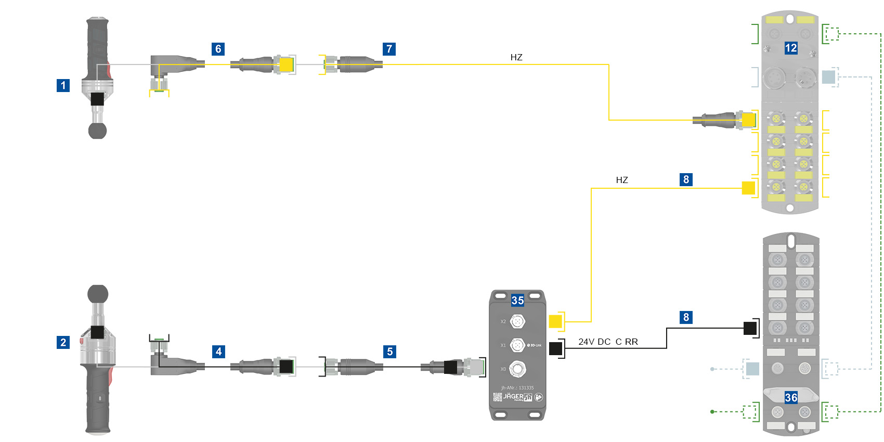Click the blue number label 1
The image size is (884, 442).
[x=63, y=85]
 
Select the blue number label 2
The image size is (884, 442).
[x=63, y=342]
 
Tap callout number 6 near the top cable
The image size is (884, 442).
[x=218, y=49]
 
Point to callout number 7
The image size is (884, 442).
[x=389, y=49]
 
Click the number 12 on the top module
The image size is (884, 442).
[x=790, y=48]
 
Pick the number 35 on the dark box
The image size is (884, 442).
[x=517, y=300]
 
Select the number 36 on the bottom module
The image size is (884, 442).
[x=791, y=398]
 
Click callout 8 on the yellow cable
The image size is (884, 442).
[x=686, y=179]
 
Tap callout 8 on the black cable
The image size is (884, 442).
[x=686, y=317]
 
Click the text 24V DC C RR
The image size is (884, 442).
[x=608, y=342]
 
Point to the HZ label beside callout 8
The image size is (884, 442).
[x=622, y=180]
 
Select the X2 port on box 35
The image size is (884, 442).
[x=517, y=322]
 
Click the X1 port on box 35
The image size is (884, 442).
[x=517, y=345]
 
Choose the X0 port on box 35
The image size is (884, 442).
[x=517, y=369]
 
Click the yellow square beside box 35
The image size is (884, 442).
[x=555, y=321]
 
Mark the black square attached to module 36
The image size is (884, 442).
[x=750, y=328]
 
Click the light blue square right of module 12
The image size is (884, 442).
[x=828, y=77]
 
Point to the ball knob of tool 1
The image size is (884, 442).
[x=97, y=131]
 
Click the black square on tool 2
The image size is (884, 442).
[x=97, y=332]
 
